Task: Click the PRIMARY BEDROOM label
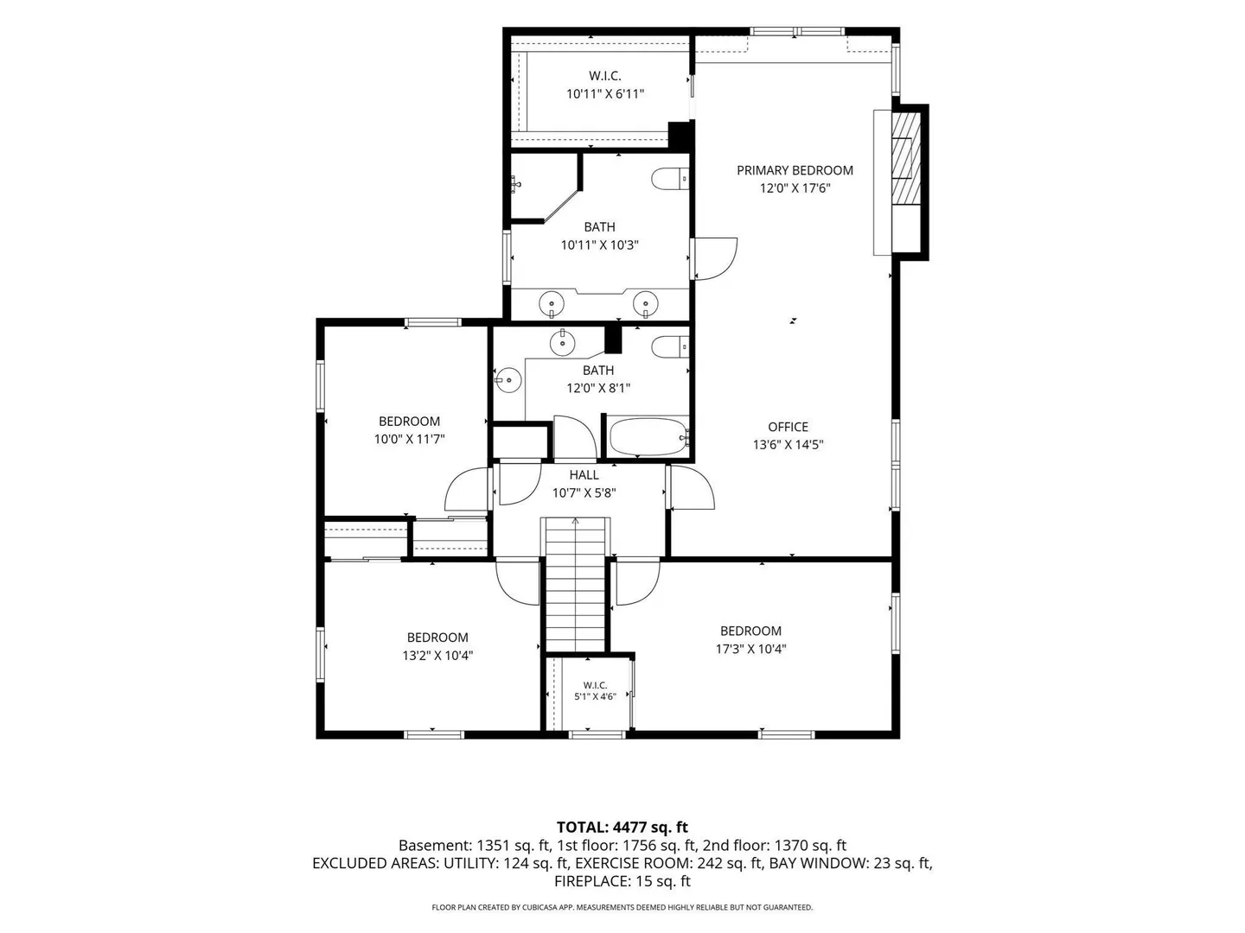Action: coord(794,170)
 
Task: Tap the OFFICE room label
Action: coord(788,427)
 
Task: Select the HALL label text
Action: coord(584,475)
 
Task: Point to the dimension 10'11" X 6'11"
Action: coord(605,94)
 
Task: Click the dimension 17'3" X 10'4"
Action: coord(750,649)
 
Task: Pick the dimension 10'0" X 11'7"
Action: coord(409,439)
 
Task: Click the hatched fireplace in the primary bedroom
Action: coord(906,159)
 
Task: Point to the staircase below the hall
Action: coord(575,584)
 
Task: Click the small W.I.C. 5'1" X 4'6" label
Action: coord(595,691)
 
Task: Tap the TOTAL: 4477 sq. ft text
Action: coord(622,828)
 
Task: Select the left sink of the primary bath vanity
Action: coord(552,303)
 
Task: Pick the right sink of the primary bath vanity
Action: coord(646,303)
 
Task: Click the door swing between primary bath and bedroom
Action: coord(716,259)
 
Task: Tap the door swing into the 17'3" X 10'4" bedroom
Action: coord(638,583)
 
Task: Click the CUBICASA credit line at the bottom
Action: coord(622,907)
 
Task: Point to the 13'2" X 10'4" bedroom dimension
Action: coord(437,656)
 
